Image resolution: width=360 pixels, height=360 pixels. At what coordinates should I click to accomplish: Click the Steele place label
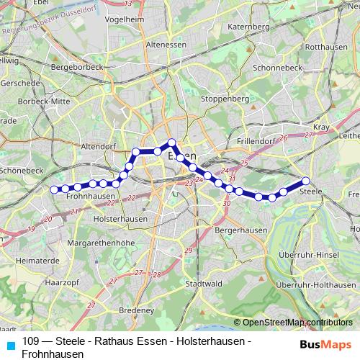(310, 191)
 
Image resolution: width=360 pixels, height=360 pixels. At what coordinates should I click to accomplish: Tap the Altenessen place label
(166, 44)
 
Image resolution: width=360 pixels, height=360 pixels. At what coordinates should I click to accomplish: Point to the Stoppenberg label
(225, 98)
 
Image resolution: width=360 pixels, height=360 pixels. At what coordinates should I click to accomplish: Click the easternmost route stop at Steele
(305, 181)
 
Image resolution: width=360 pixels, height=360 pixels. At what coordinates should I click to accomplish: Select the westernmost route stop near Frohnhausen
(54, 189)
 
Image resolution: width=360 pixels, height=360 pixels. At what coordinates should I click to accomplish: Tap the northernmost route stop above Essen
(171, 143)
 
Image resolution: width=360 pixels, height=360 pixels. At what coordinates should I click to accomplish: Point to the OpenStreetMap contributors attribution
(297, 323)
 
